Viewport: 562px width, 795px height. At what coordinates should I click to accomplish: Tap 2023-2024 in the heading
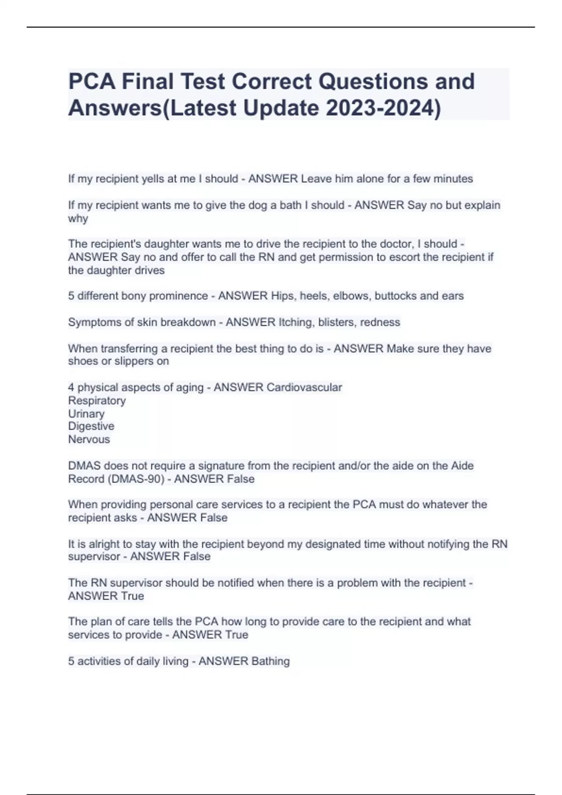[383, 108]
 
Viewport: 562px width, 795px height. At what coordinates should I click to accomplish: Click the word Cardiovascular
[304, 388]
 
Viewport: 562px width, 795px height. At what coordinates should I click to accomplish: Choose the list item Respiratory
[97, 401]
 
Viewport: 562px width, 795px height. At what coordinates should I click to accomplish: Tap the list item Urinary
[86, 414]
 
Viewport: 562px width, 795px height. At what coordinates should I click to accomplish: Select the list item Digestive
[91, 426]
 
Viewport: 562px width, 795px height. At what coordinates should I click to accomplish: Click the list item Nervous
[89, 440]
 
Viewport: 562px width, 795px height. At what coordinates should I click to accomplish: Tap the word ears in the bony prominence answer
[453, 296]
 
